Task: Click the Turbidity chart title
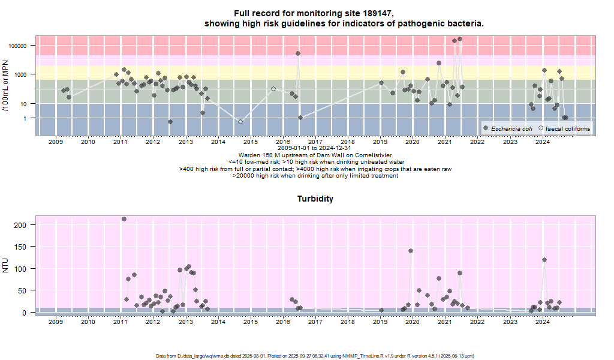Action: coord(315,199)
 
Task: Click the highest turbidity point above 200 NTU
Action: coord(124,219)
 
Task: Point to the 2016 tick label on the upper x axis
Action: coord(283,142)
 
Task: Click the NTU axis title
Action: coord(6,265)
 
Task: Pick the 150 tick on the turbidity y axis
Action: coord(20,247)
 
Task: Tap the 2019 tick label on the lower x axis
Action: coord(380,322)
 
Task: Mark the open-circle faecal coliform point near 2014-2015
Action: coord(240,122)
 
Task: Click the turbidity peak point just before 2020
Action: coord(411,251)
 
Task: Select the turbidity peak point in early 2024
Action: coord(544,260)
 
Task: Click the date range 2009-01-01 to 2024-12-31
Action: coord(315,148)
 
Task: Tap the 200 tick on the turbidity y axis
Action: coord(20,224)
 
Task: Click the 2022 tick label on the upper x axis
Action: coord(477,142)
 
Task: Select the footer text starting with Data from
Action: coord(315,356)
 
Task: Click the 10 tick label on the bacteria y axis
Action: coord(23,104)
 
